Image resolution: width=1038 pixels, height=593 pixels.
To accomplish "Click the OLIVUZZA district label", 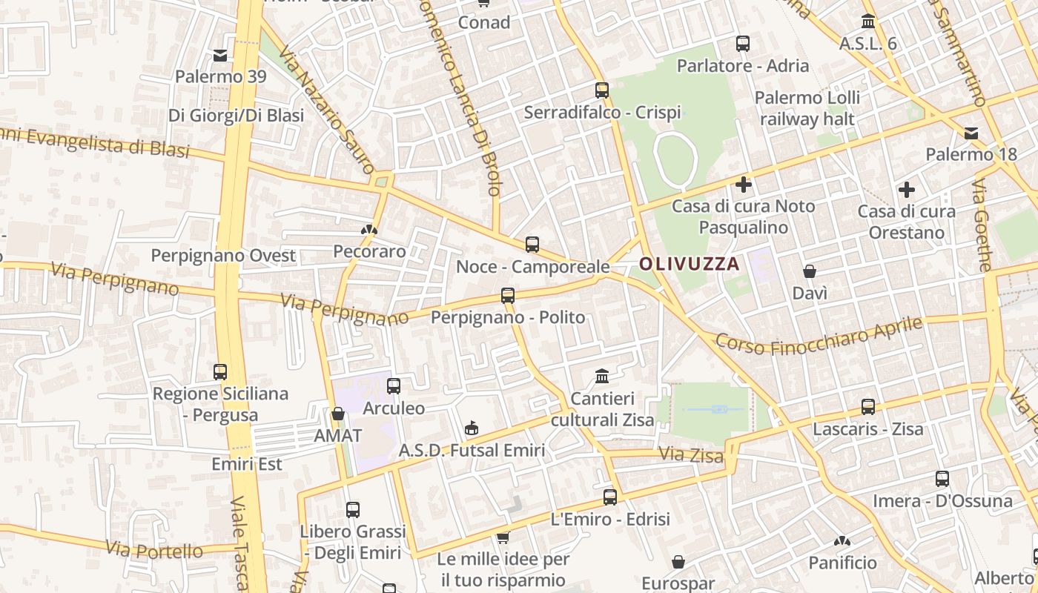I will pyautogui.click(x=690, y=263).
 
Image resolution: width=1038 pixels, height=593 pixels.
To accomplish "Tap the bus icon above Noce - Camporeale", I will pyautogui.click(x=532, y=244).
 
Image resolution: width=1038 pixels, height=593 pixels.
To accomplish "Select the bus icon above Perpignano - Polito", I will pyautogui.click(x=508, y=295).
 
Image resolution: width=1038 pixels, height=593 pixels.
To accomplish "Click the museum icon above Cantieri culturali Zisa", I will pyautogui.click(x=602, y=376).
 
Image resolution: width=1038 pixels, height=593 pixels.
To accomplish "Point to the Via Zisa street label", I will pyautogui.click(x=690, y=454).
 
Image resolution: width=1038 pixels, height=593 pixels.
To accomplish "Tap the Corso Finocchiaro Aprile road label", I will pyautogui.click(x=819, y=336).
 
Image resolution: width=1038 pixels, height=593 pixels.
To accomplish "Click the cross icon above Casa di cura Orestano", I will pyautogui.click(x=906, y=190).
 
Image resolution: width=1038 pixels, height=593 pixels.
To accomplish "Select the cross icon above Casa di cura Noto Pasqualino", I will pyautogui.click(x=744, y=184).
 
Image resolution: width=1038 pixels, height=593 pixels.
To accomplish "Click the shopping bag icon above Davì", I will pyautogui.click(x=810, y=271).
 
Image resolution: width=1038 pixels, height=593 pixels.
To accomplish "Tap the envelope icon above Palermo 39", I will pyautogui.click(x=220, y=55).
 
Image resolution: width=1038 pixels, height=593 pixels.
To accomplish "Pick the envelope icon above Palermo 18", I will pyautogui.click(x=971, y=133).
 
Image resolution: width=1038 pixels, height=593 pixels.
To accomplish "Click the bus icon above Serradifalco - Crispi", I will pyautogui.click(x=602, y=90).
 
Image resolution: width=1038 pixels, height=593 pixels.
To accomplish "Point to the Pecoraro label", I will pyautogui.click(x=369, y=251).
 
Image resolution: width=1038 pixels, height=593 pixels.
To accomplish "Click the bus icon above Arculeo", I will pyautogui.click(x=394, y=385).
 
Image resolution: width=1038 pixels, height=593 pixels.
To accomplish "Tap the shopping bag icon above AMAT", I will pyautogui.click(x=338, y=414).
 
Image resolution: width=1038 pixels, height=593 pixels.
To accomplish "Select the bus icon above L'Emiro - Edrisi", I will pyautogui.click(x=610, y=497).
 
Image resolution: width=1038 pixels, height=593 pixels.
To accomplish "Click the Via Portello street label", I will pyautogui.click(x=154, y=550).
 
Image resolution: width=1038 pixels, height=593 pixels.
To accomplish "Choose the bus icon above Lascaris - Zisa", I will pyautogui.click(x=868, y=406).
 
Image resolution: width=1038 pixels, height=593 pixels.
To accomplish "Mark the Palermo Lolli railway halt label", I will pyautogui.click(x=807, y=108).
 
